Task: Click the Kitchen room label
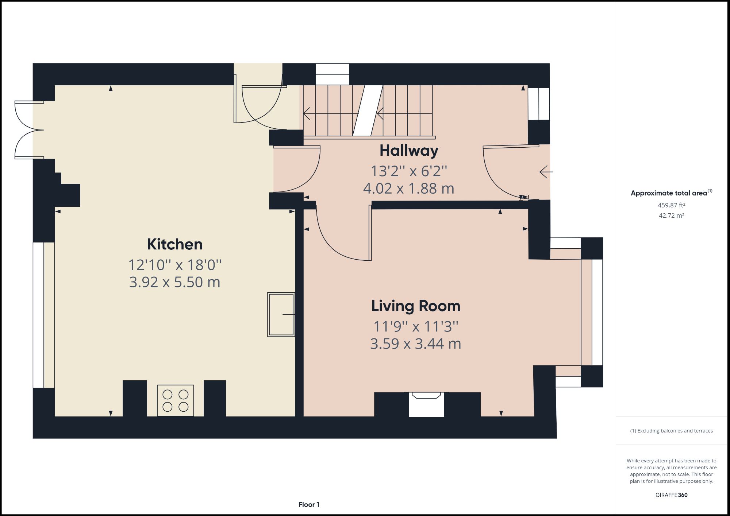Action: tap(174, 244)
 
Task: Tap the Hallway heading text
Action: tap(409, 150)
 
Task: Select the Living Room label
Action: tap(415, 306)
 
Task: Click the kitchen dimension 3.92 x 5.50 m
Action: tap(174, 282)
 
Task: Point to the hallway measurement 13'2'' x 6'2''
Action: tap(409, 171)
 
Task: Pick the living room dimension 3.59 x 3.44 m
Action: tap(415, 344)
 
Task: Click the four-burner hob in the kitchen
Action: tap(175, 400)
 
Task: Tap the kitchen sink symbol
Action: tap(281, 314)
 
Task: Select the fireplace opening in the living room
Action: tap(426, 405)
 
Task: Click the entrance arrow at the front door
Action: tap(546, 172)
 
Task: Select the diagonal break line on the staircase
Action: tap(368, 111)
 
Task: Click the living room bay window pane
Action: tap(597, 312)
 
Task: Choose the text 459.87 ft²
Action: tap(671, 205)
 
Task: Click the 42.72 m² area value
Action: tap(671, 216)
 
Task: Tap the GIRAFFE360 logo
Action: tap(671, 495)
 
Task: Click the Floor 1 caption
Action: tap(309, 505)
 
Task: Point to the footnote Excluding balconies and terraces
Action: tap(671, 431)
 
